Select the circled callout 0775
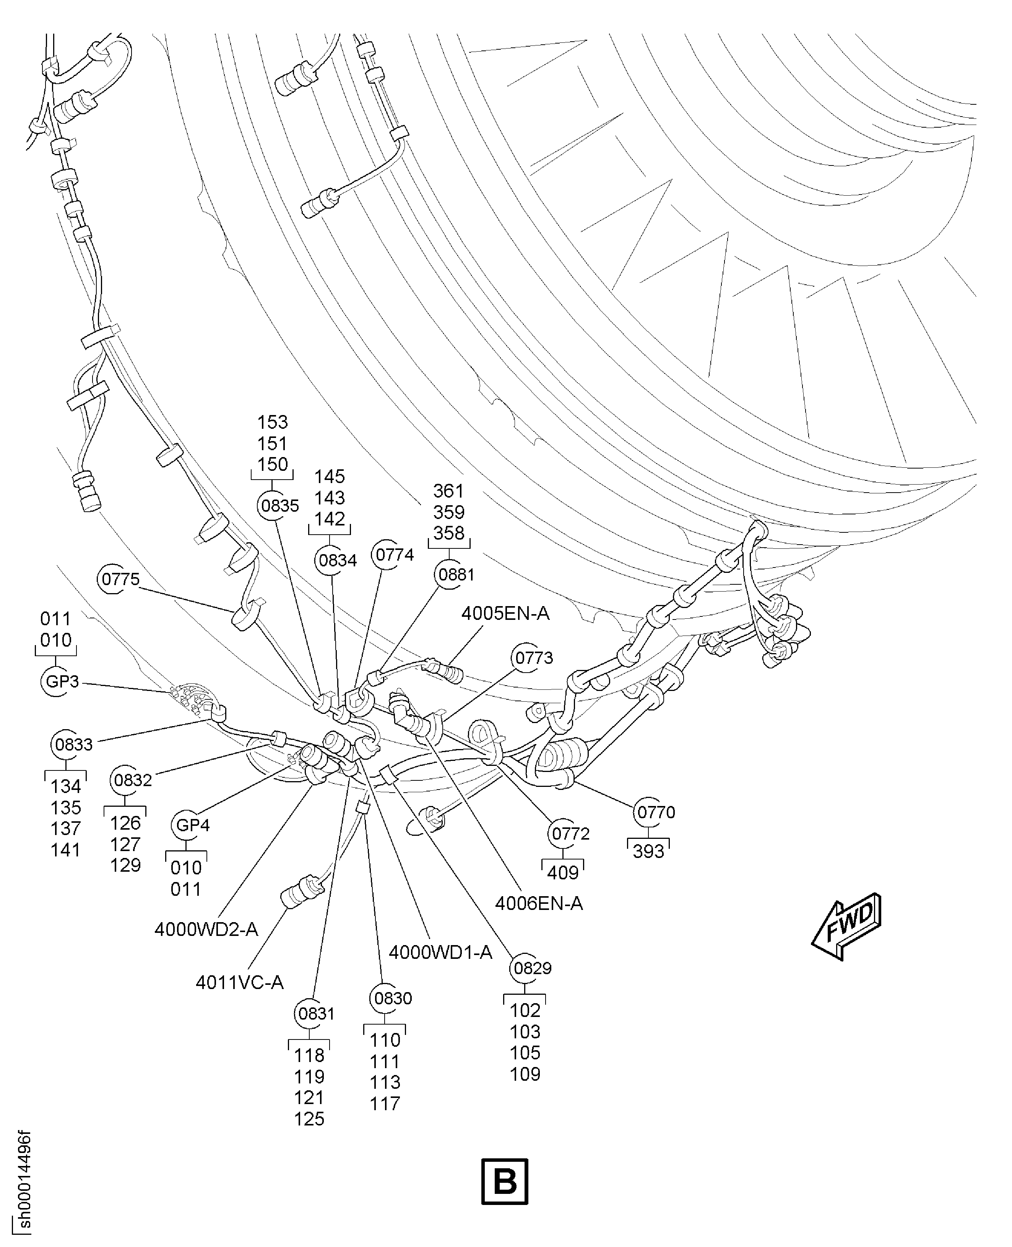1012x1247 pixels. point(120,579)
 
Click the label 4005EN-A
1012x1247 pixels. point(505,614)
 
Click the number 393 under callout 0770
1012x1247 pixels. point(648,852)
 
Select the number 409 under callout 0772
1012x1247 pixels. point(562,873)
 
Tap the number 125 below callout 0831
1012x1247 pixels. point(309,1119)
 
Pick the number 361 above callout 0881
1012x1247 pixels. point(448,491)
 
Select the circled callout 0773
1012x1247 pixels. point(533,658)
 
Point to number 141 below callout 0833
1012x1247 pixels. point(65,850)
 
